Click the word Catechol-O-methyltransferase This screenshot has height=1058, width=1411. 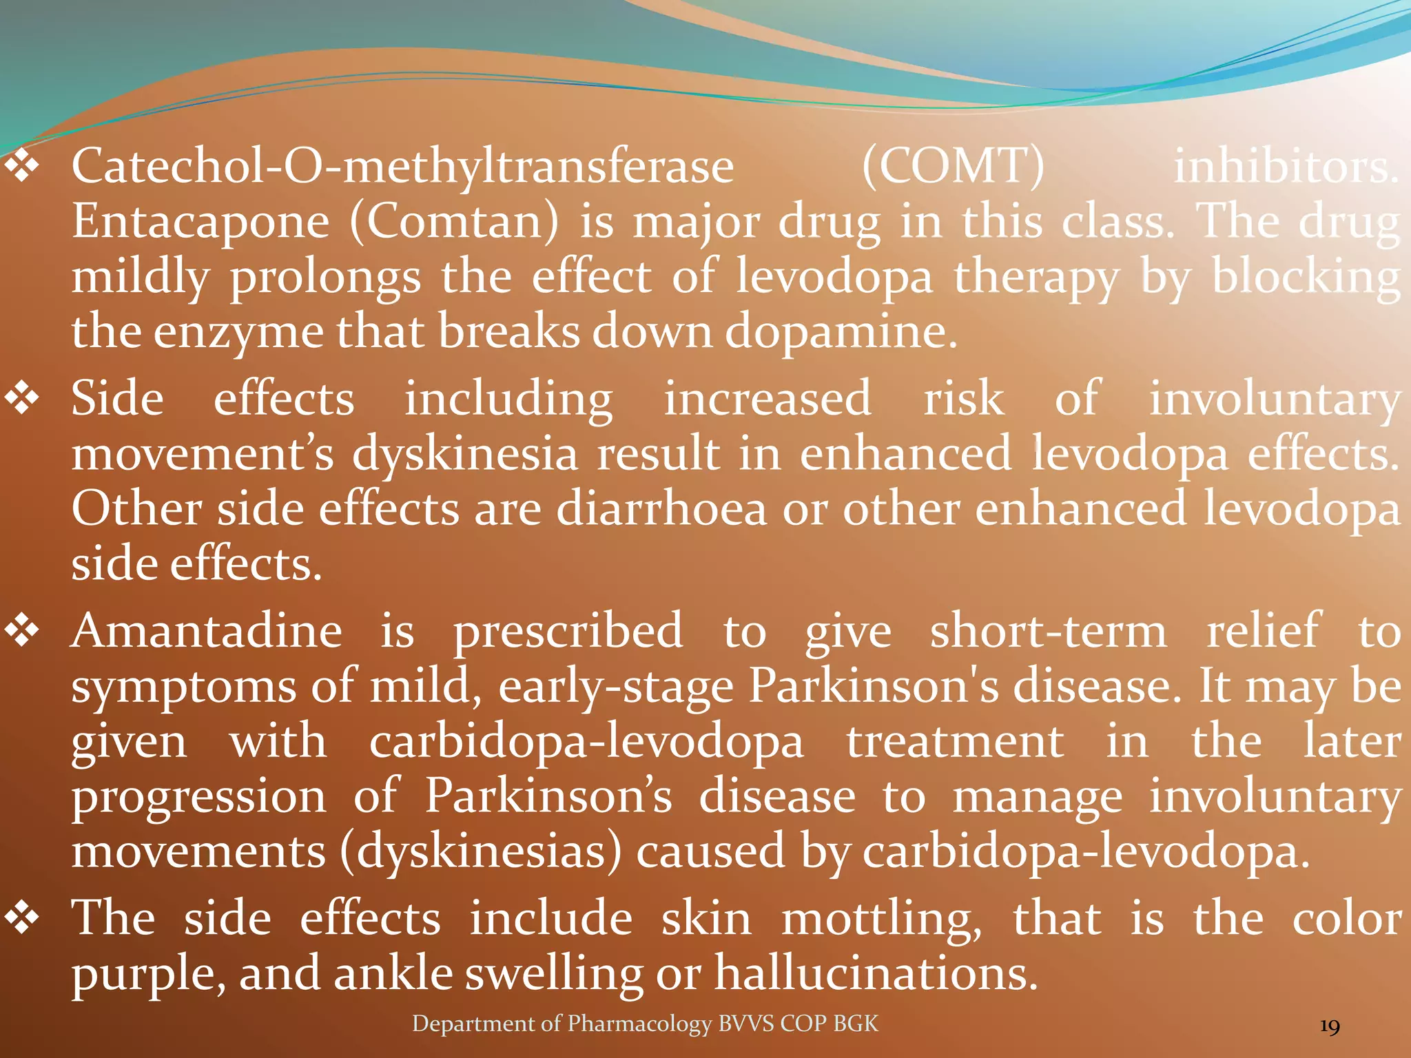click(403, 167)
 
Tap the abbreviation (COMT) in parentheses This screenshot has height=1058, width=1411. click(954, 167)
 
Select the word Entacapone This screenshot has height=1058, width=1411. click(200, 222)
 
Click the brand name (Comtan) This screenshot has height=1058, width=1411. click(454, 222)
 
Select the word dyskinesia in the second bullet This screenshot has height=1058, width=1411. click(465, 455)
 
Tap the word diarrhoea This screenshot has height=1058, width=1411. click(661, 510)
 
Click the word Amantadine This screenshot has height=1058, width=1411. click(207, 632)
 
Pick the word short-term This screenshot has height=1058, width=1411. click(1048, 632)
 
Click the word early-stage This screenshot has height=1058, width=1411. click(616, 687)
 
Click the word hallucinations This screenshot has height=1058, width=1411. click(875, 974)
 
